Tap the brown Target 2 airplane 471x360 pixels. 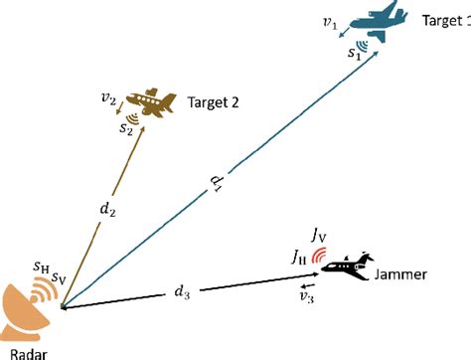click(151, 100)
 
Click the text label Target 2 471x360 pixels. click(214, 101)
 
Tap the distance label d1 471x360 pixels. click(216, 186)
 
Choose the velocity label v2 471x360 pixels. click(109, 100)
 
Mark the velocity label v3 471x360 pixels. click(308, 295)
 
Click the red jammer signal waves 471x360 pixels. click(318, 257)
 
